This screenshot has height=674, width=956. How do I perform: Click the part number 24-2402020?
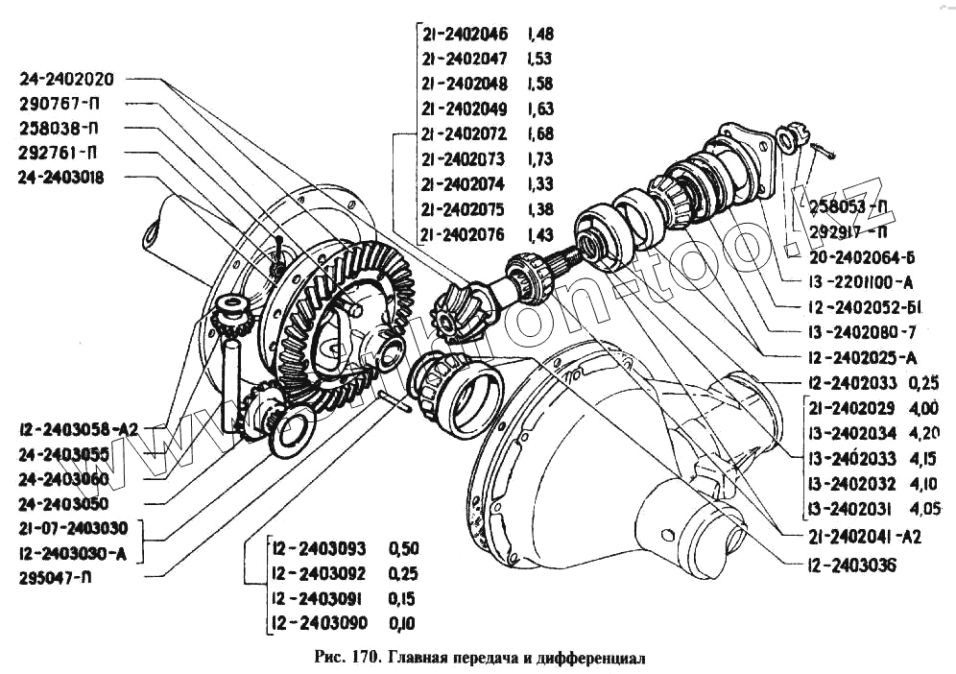click(x=65, y=79)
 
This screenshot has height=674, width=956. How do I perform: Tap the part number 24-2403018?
click(x=60, y=178)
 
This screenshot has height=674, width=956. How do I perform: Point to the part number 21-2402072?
click(x=465, y=133)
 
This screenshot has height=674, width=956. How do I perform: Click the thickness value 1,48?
click(x=539, y=35)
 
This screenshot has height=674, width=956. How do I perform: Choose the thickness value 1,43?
click(x=539, y=233)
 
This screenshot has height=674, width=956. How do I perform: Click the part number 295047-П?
click(x=56, y=577)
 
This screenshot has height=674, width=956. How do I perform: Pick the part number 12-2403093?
click(x=319, y=549)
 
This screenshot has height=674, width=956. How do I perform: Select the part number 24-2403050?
click(x=62, y=503)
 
